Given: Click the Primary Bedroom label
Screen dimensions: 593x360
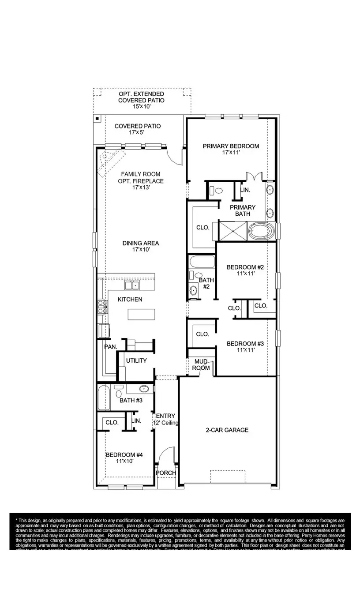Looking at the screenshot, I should coord(231,146).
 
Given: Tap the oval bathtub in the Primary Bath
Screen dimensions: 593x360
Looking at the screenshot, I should coord(262,231).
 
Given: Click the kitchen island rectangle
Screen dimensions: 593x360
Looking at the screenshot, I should coord(142,314).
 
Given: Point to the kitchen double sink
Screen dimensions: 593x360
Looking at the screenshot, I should coord(131,285).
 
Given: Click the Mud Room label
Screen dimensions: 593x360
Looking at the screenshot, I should coord(201,365).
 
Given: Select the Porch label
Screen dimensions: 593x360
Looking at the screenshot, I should coord(166,473).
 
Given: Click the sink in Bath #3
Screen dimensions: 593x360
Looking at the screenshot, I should coord(144,389).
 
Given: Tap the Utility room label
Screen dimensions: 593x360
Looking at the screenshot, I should coord(136,360).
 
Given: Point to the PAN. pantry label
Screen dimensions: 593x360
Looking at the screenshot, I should coord(110,347).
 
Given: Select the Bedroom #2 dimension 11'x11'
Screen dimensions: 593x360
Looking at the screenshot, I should coord(245,274).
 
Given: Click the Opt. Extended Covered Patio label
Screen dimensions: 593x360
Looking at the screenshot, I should coord(141,97).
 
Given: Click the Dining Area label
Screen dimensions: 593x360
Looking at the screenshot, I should coord(140,243).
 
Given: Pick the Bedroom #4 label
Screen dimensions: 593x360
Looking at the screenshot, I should coord(124,455).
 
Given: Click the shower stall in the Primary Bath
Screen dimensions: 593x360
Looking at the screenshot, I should coord(233,231).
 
